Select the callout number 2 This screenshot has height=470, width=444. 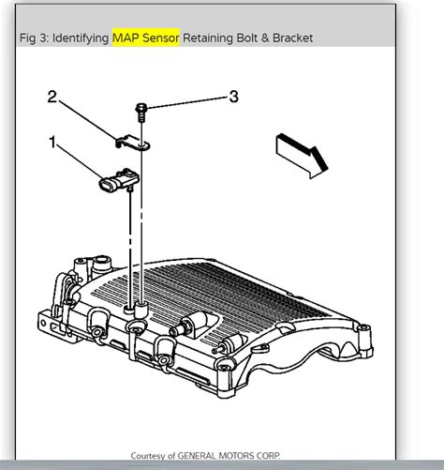coord(53,95)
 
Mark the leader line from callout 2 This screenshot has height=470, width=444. coord(89,117)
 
